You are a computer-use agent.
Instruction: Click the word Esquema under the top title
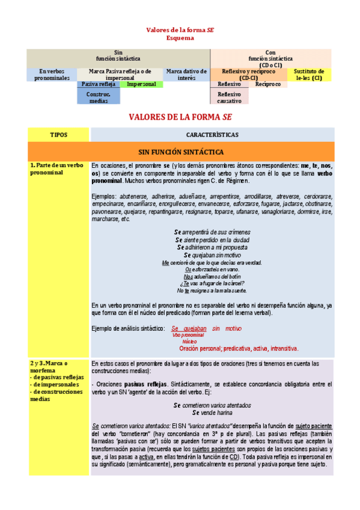(180, 37)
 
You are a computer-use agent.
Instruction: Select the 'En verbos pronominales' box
(52, 75)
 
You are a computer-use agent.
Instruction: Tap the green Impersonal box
(141, 84)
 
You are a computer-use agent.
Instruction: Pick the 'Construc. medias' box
(98, 97)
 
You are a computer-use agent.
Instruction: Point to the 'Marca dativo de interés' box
(187, 75)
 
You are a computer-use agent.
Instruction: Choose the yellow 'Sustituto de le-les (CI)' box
(309, 75)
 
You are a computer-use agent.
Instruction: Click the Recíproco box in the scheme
(268, 84)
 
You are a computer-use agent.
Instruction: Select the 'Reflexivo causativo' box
(229, 97)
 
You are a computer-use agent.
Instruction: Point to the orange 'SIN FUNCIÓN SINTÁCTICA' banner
(181, 152)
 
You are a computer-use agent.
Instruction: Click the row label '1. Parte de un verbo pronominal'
(57, 168)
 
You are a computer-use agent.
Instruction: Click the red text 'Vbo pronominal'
(188, 335)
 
